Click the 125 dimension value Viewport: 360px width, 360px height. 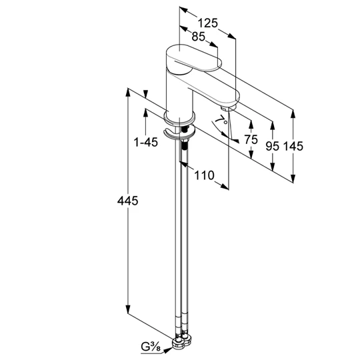(x=207, y=23)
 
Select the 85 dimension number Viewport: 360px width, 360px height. (x=199, y=36)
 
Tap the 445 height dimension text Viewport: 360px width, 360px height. (x=127, y=201)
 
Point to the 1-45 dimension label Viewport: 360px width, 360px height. (x=146, y=142)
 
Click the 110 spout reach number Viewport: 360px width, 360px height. (x=204, y=175)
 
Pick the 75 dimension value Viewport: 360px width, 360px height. (x=251, y=139)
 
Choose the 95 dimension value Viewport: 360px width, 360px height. (x=272, y=146)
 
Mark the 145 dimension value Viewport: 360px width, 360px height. (x=293, y=146)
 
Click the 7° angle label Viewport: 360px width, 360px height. (x=221, y=119)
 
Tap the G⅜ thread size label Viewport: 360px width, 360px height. (x=151, y=347)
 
